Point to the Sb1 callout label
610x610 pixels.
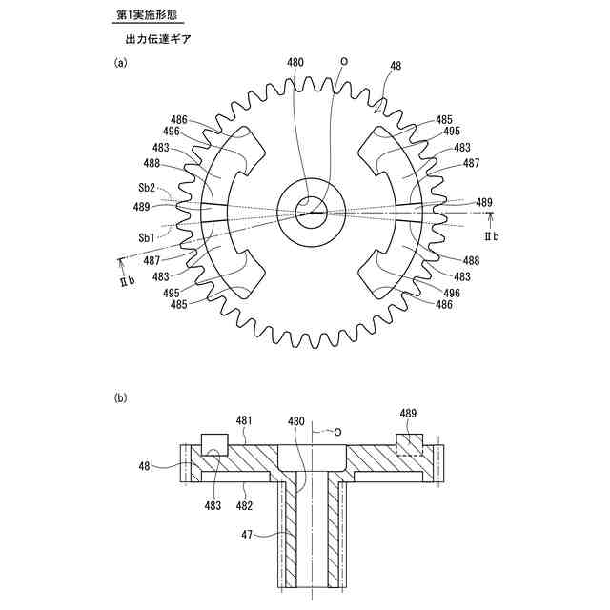point(147,235)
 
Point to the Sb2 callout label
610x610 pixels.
point(147,188)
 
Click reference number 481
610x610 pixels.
point(245,419)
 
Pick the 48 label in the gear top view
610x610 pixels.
point(396,67)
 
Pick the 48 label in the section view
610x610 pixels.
point(144,467)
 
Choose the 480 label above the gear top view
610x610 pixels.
point(295,63)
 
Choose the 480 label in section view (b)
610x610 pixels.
point(296,419)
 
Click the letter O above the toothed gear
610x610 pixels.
point(344,59)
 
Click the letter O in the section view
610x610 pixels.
point(337,431)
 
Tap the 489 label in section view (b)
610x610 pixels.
point(408,413)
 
